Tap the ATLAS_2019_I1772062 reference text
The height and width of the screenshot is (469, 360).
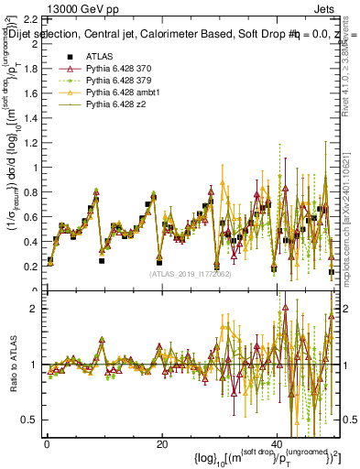tap(190, 274)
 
